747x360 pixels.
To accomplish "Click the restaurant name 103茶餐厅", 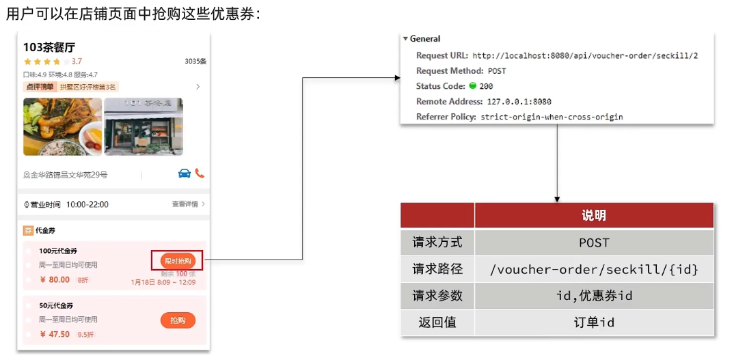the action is tap(49, 47).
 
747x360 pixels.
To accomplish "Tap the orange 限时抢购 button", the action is tap(178, 260).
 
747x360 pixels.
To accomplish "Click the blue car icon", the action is tap(184, 174).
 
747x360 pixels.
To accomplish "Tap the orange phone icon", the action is tap(200, 174).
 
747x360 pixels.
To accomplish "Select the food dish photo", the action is tap(62, 126).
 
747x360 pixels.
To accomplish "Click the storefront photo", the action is tap(143, 126).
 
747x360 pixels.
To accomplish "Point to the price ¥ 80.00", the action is tap(55, 279).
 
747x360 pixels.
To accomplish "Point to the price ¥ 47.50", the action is tap(55, 334).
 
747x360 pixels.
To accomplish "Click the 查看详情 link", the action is tap(185, 204).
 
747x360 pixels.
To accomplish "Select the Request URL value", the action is tap(585, 56).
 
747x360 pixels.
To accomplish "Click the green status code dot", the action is tap(472, 86).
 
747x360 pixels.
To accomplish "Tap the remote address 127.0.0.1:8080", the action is tap(519, 102).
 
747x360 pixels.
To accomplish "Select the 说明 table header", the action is tap(594, 215).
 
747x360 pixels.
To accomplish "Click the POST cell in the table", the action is tap(594, 243).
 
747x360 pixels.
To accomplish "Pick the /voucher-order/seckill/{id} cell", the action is tap(594, 269).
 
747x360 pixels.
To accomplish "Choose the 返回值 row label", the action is tap(437, 322).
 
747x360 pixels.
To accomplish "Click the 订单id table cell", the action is tap(594, 322).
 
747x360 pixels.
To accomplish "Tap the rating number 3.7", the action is tap(77, 61).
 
